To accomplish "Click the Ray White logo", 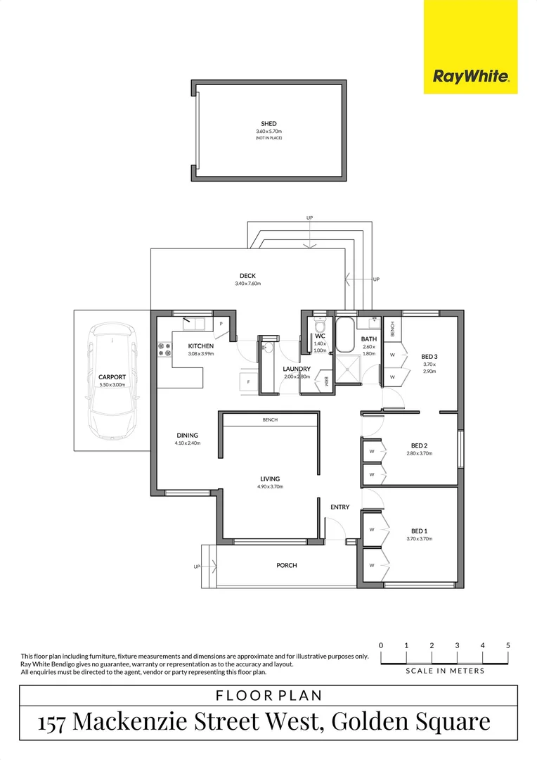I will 470,76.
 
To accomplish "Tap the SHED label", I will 268,124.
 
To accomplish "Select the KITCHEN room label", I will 200,346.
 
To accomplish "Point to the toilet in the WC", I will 321,327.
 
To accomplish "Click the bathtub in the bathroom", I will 344,336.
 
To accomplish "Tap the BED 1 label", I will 420,531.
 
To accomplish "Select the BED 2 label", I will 419,445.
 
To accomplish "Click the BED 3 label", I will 429,356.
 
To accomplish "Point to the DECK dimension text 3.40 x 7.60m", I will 247,284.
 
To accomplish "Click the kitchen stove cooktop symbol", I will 165,349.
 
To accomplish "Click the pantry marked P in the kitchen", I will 221,324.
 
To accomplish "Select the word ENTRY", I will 339,507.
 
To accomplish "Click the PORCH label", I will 286,565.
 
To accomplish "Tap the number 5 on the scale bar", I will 507,645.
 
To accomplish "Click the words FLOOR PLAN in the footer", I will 268,696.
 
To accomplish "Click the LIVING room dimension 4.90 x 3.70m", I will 270,487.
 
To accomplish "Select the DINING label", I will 187,436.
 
